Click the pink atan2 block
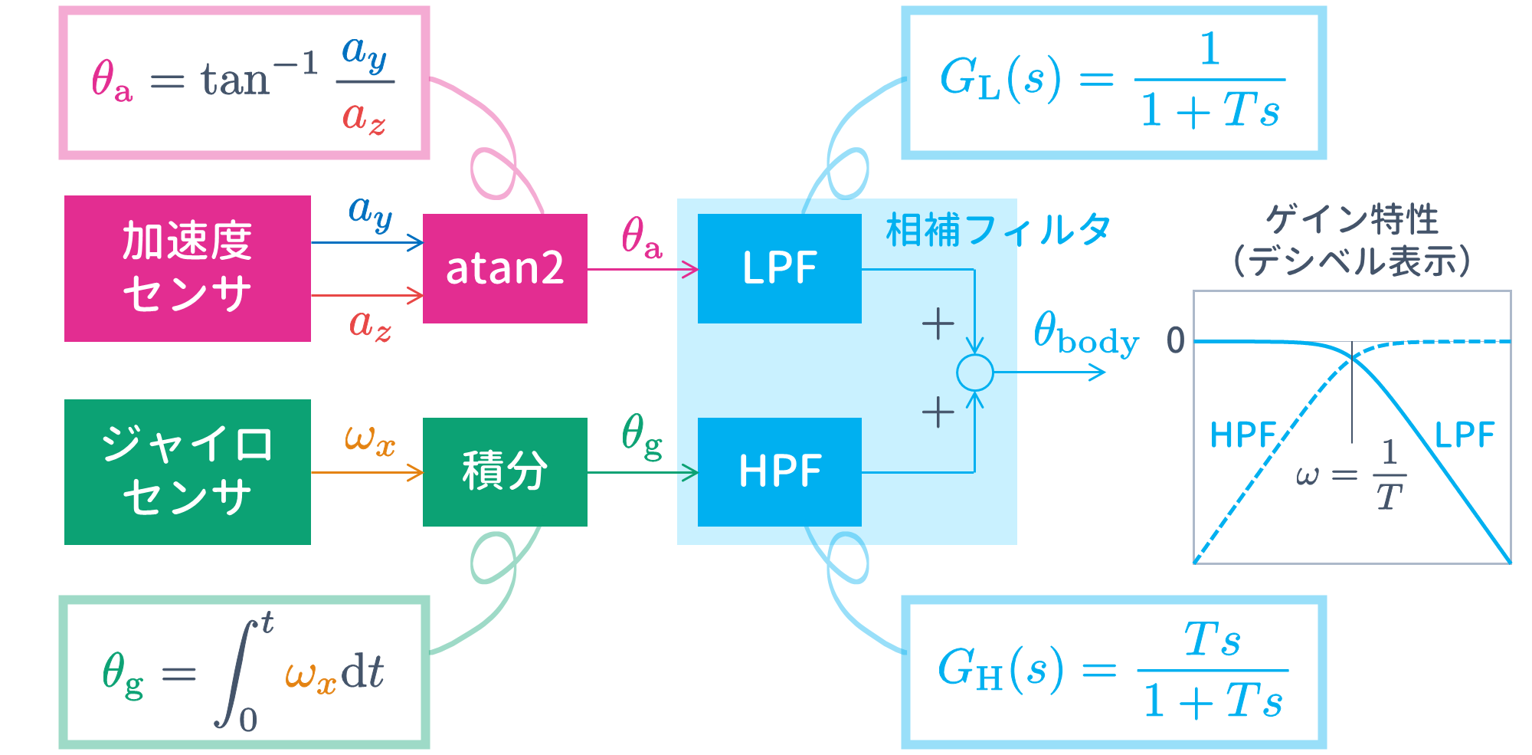[x=505, y=268]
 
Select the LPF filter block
[x=779, y=268]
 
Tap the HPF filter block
[x=779, y=471]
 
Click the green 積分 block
[x=505, y=471]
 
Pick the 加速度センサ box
[x=187, y=268]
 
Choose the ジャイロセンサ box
[x=187, y=471]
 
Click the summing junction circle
[x=974, y=373]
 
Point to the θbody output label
[x=1085, y=334]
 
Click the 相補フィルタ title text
[x=997, y=230]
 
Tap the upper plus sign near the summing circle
[x=938, y=323]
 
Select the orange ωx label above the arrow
[x=369, y=440]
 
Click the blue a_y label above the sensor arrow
[x=370, y=212]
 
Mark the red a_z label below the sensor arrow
[x=370, y=325]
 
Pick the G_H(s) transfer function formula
[x=1113, y=671]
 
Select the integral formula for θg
[x=244, y=671]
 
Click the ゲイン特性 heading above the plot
[x=1351, y=219]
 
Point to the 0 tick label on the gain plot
[x=1175, y=340]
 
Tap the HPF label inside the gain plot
[x=1242, y=435]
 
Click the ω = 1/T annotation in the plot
[x=1352, y=475]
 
